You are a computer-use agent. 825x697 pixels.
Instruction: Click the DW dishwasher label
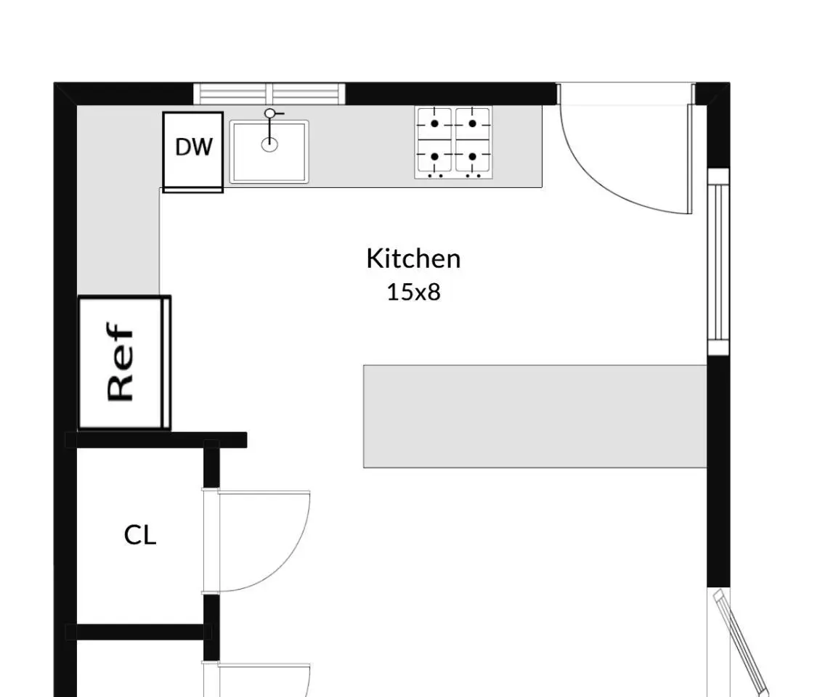point(194,147)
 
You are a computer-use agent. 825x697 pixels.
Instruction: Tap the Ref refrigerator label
point(120,362)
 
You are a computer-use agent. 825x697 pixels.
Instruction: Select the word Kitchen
point(413,258)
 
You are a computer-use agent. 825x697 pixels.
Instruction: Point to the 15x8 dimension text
point(413,292)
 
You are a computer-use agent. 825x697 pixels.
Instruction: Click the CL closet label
point(140,536)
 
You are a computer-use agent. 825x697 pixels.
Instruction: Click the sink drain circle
point(269,144)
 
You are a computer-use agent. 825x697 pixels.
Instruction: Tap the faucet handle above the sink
point(270,113)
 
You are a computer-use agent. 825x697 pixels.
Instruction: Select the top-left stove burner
point(434,123)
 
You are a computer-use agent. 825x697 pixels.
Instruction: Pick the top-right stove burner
point(473,123)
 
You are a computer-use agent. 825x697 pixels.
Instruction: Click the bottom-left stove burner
point(434,157)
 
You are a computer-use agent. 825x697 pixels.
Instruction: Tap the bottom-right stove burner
point(473,157)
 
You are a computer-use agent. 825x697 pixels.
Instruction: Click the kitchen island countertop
point(535,416)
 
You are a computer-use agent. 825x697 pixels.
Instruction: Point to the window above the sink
point(269,94)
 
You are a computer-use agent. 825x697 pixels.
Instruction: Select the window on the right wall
point(718,262)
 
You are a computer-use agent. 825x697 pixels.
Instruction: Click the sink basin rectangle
point(269,152)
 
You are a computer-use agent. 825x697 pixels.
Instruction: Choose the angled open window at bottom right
point(741,643)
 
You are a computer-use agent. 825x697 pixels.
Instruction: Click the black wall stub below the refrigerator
point(156,440)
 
